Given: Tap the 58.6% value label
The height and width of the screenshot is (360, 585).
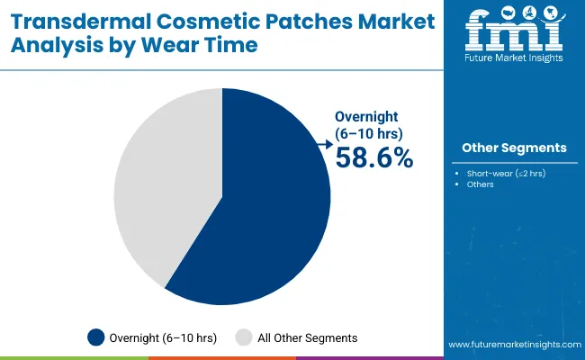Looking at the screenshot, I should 373,157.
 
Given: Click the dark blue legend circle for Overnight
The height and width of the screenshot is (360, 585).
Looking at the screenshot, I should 95,337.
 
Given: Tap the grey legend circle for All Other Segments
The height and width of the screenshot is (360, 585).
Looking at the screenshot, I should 244,337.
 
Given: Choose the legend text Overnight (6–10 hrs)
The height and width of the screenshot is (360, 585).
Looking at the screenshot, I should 162,337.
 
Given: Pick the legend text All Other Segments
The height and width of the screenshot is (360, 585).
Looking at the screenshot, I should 308,337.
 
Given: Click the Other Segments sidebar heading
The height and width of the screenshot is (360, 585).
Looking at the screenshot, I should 514,148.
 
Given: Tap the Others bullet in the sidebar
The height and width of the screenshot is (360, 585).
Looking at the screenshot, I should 480,185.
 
